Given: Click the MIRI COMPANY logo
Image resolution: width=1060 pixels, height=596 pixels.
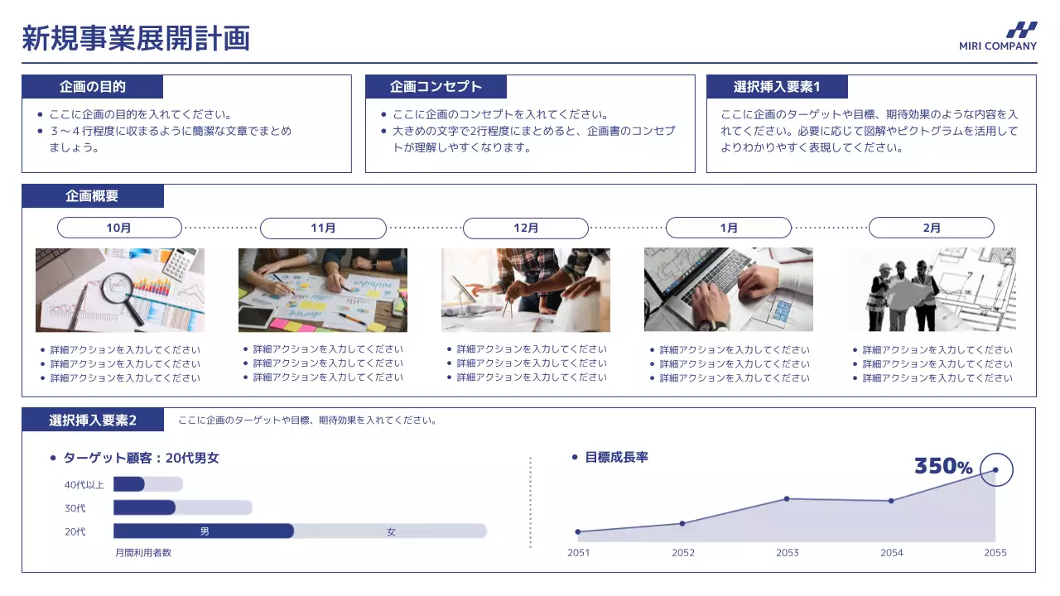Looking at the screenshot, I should [x=998, y=36].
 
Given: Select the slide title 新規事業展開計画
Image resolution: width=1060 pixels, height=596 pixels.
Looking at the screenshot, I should [x=136, y=39].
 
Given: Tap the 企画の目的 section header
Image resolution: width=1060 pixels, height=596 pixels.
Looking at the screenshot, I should [x=93, y=87].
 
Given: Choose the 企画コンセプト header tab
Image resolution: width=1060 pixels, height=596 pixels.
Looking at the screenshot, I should [x=436, y=87].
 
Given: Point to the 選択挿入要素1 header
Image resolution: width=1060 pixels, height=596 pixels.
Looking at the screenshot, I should [x=777, y=87].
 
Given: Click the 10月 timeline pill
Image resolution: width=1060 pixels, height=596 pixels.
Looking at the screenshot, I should [x=119, y=228].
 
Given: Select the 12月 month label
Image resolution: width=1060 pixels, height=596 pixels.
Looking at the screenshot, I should [x=526, y=228].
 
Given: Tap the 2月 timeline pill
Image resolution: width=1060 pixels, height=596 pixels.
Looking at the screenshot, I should [x=932, y=228].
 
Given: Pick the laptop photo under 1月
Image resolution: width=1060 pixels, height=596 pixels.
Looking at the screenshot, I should [x=729, y=290].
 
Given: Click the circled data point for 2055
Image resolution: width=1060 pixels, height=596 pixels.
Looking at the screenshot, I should [x=995, y=470].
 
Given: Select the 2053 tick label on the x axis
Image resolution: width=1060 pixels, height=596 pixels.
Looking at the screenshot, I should [x=788, y=553].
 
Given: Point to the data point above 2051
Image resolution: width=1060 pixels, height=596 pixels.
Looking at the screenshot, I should [x=578, y=531].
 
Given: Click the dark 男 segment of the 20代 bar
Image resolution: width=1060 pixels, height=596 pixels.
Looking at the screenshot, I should [x=204, y=531].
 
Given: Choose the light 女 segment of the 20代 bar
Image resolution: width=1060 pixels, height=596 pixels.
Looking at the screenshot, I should [x=391, y=531].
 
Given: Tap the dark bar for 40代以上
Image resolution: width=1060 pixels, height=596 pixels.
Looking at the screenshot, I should [x=129, y=484].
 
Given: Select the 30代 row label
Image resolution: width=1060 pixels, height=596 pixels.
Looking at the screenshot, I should [x=75, y=508].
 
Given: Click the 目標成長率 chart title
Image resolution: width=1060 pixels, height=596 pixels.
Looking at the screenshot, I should [x=616, y=457].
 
